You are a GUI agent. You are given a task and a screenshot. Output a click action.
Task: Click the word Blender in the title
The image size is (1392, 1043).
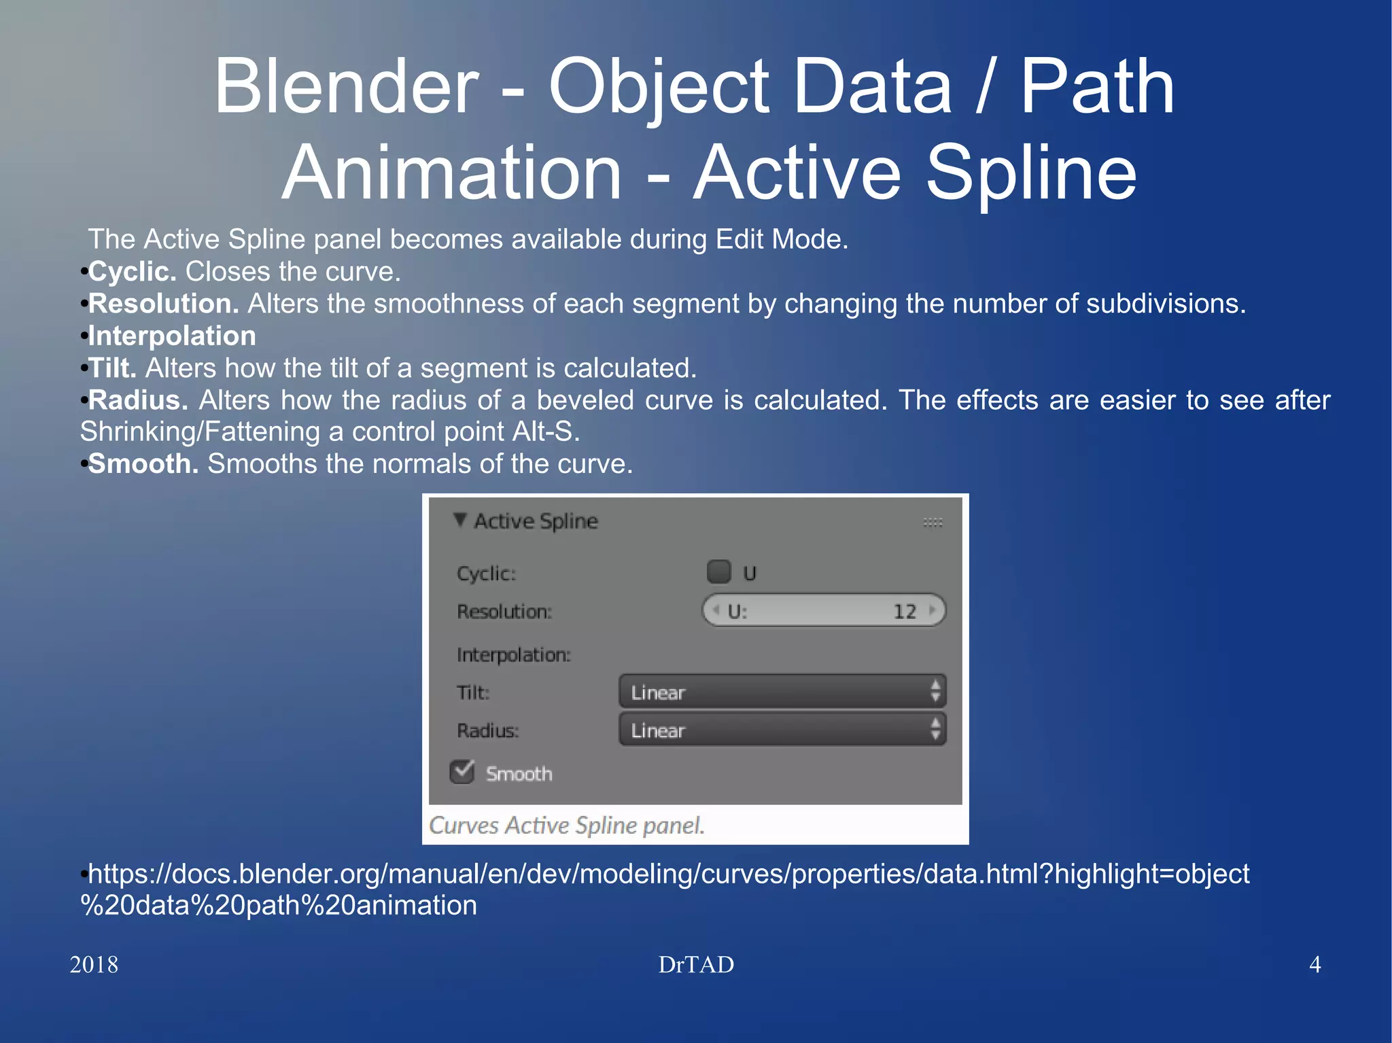(x=347, y=87)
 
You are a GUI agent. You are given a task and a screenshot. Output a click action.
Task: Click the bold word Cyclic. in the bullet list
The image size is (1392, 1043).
(x=133, y=272)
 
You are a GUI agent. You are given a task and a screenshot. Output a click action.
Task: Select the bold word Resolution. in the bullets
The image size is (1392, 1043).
(x=163, y=304)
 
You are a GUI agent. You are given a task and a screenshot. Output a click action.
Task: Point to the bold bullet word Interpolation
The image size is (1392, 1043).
(x=172, y=336)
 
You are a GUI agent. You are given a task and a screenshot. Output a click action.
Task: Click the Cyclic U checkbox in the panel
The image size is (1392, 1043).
(x=718, y=572)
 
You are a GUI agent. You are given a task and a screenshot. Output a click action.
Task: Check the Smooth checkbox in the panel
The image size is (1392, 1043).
(x=462, y=773)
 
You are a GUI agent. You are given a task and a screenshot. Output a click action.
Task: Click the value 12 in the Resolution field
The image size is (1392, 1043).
(x=904, y=612)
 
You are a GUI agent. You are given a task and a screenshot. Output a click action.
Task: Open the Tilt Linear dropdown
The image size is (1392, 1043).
(x=782, y=692)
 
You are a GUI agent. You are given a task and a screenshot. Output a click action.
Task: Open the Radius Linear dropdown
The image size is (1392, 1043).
(x=782, y=730)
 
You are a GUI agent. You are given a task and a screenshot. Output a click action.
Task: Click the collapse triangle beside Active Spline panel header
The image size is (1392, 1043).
(x=460, y=520)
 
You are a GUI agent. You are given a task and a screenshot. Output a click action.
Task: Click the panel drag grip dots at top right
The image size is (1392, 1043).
(x=933, y=523)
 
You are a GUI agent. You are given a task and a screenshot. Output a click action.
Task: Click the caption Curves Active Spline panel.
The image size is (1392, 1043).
(x=566, y=826)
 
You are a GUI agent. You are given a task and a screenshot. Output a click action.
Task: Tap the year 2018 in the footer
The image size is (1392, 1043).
(x=94, y=965)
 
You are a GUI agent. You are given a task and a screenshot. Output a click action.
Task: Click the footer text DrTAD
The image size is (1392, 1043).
(x=696, y=965)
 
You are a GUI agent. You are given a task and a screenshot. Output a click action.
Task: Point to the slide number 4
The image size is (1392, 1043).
(x=1315, y=965)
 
